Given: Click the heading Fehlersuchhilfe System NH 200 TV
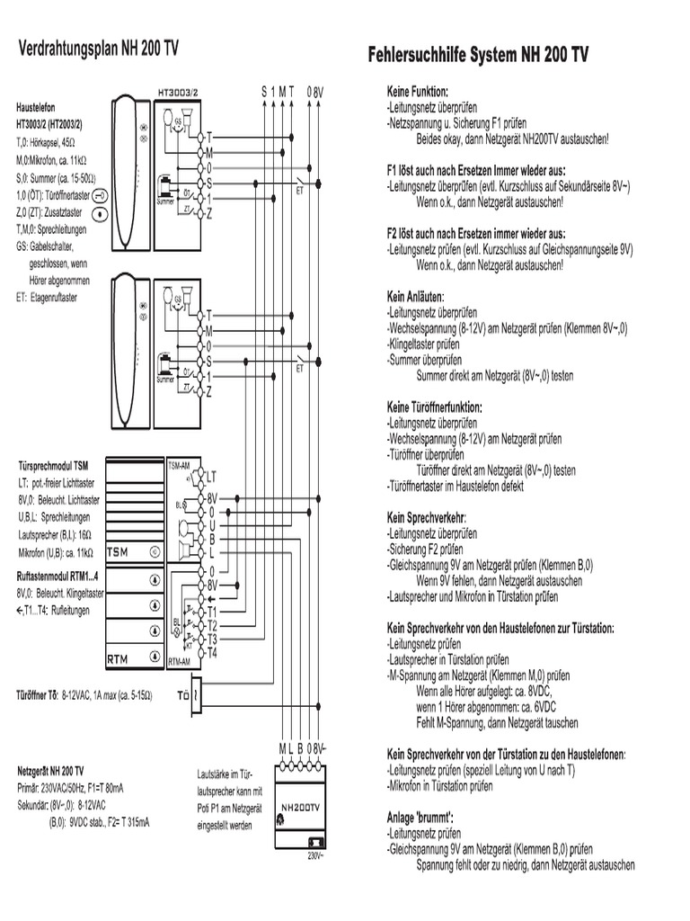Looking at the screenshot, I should (478, 56).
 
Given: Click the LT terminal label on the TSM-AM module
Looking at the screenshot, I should (212, 477).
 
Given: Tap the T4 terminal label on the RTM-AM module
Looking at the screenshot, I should (212, 652).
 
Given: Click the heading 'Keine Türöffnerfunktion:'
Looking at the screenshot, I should (434, 407).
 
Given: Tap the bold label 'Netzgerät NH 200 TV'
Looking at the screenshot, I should (51, 771).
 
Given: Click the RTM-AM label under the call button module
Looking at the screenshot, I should (179, 661).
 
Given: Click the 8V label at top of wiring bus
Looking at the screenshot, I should (315, 92).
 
